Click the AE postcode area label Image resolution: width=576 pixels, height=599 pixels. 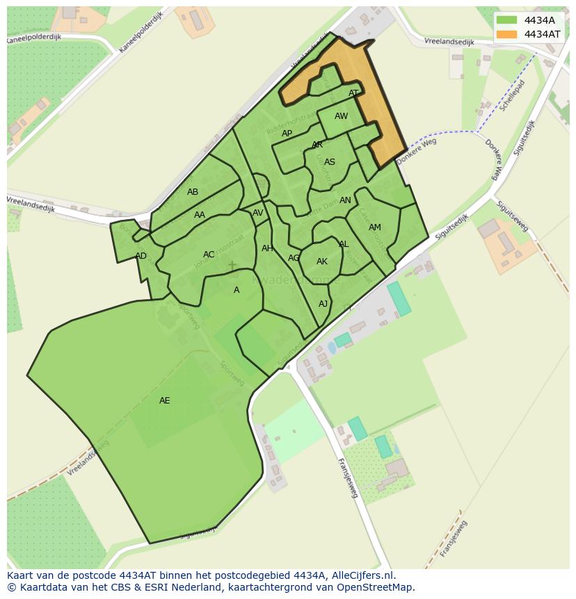164,401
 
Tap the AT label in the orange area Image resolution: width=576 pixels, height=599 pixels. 353,93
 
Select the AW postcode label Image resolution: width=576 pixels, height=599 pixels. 341,116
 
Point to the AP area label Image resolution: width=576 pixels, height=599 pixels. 287,134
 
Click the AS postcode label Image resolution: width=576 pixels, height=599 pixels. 330,162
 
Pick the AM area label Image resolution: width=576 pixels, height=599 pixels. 375,227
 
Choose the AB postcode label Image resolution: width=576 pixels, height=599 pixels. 193,192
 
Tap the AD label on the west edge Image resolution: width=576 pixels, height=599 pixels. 141,256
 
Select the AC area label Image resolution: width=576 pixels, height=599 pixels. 209,255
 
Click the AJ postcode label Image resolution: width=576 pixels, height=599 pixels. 323,304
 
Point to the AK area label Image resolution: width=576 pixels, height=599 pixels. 322,262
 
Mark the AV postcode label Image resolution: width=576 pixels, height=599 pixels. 258,213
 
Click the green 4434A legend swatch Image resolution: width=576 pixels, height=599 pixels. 506,20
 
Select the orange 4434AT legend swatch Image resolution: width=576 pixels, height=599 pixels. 506,34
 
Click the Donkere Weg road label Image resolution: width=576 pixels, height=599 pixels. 416,152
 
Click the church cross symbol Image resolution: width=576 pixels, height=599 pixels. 232,266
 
